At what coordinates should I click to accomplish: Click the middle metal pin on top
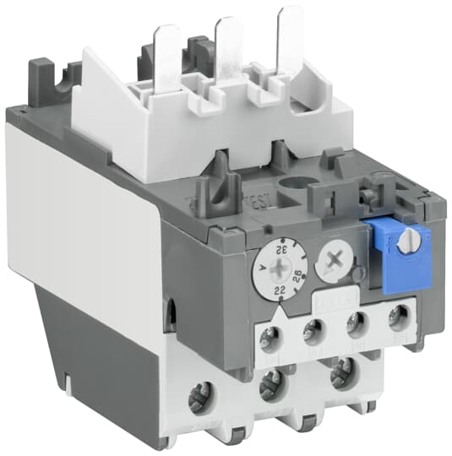coord(229,38)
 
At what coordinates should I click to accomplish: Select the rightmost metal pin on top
coord(289,30)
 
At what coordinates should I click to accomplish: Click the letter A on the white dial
coord(267,268)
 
